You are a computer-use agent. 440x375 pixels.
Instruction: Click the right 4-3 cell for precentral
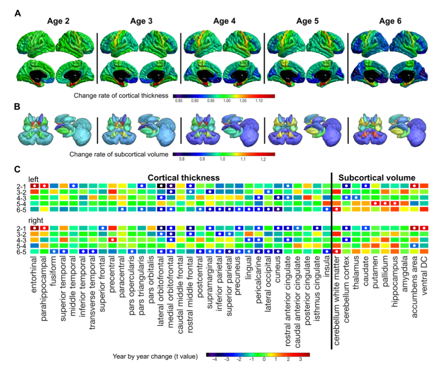click(x=112, y=240)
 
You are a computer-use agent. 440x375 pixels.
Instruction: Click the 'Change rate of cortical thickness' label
click(x=121, y=96)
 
